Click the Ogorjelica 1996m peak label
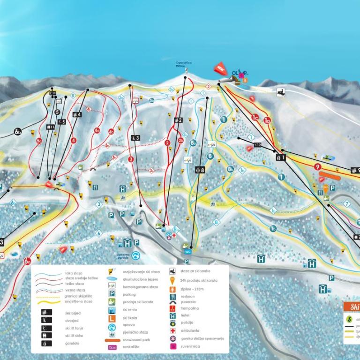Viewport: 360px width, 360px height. coord(184,64)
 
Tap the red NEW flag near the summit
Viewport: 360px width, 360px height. coord(220,68)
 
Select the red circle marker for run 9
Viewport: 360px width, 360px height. coord(318,166)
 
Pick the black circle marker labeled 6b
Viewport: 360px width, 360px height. coord(18,132)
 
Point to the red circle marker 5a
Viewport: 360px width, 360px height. coord(39,140)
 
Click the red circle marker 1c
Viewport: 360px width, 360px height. coord(255,117)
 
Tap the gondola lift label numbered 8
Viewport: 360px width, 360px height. coord(200,170)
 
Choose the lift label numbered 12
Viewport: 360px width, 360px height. coord(257,145)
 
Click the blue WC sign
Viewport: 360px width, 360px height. coord(188,251)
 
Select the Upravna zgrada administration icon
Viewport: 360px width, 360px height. coord(135,256)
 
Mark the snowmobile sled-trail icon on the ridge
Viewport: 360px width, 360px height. coord(281,91)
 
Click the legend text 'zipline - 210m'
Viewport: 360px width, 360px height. coord(191,289)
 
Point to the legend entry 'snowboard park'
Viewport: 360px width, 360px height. coord(136,339)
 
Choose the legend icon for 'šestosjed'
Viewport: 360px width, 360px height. coord(44,311)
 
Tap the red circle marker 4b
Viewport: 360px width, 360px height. coord(111,131)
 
